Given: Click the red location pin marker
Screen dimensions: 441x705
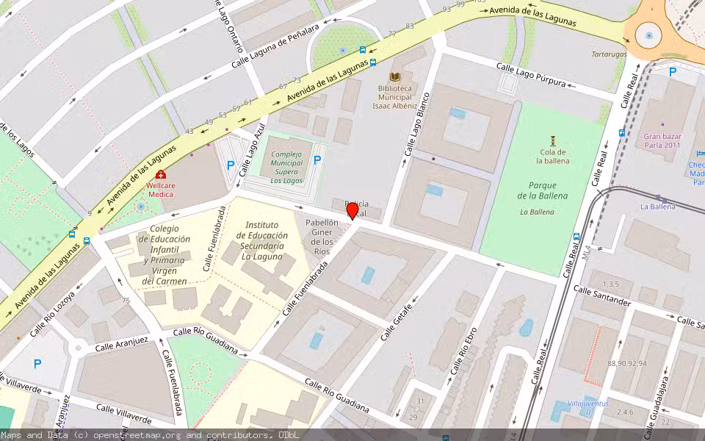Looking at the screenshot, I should click(x=352, y=211).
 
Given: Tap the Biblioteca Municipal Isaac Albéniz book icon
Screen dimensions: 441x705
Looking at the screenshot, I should click(x=395, y=76).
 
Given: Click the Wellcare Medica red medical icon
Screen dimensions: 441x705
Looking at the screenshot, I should click(x=160, y=175).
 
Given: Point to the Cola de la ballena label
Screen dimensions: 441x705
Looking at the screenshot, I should click(x=553, y=156).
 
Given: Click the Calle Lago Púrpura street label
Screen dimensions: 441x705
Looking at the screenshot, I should click(x=531, y=75).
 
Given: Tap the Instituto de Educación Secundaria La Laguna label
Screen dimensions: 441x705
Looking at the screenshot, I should click(x=262, y=240).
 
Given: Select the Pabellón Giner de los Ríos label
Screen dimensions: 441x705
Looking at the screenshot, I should click(x=322, y=237).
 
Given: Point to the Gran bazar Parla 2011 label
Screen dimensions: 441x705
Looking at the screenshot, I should click(x=662, y=140).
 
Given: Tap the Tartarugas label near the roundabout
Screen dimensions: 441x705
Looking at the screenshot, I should click(x=610, y=54).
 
